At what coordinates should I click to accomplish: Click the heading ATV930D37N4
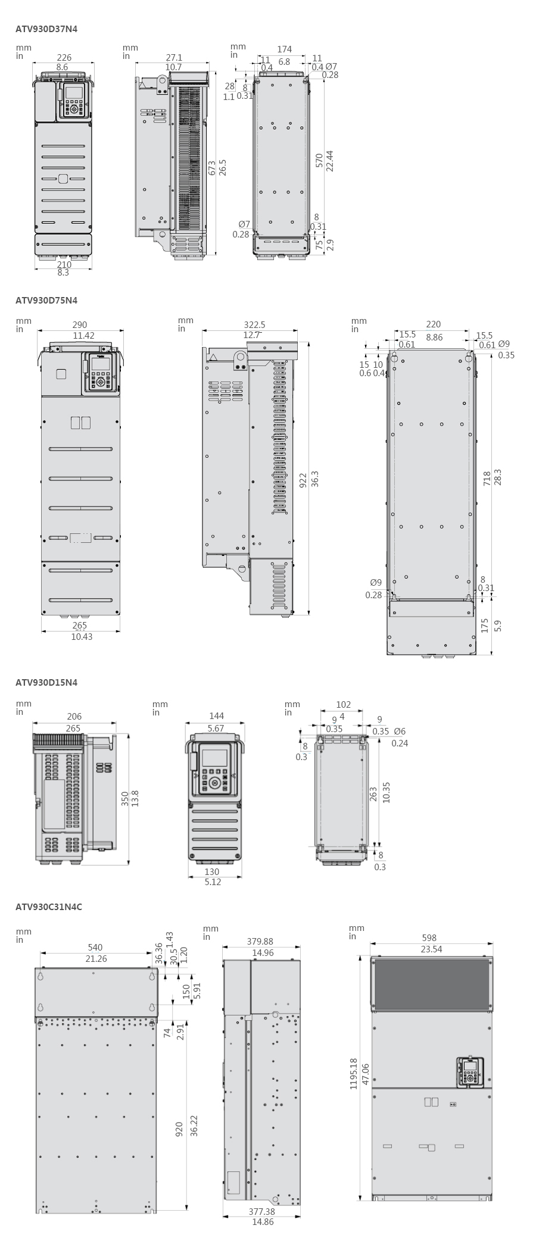click(46, 27)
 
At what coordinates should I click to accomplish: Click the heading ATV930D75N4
click(46, 300)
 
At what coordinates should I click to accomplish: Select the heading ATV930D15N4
click(46, 682)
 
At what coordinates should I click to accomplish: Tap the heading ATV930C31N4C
click(49, 907)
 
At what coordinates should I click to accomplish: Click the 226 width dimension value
click(64, 58)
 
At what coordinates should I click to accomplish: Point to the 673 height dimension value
click(213, 168)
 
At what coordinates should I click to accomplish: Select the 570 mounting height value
click(319, 161)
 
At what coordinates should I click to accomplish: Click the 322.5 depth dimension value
click(255, 325)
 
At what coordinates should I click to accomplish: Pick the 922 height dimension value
click(303, 480)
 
